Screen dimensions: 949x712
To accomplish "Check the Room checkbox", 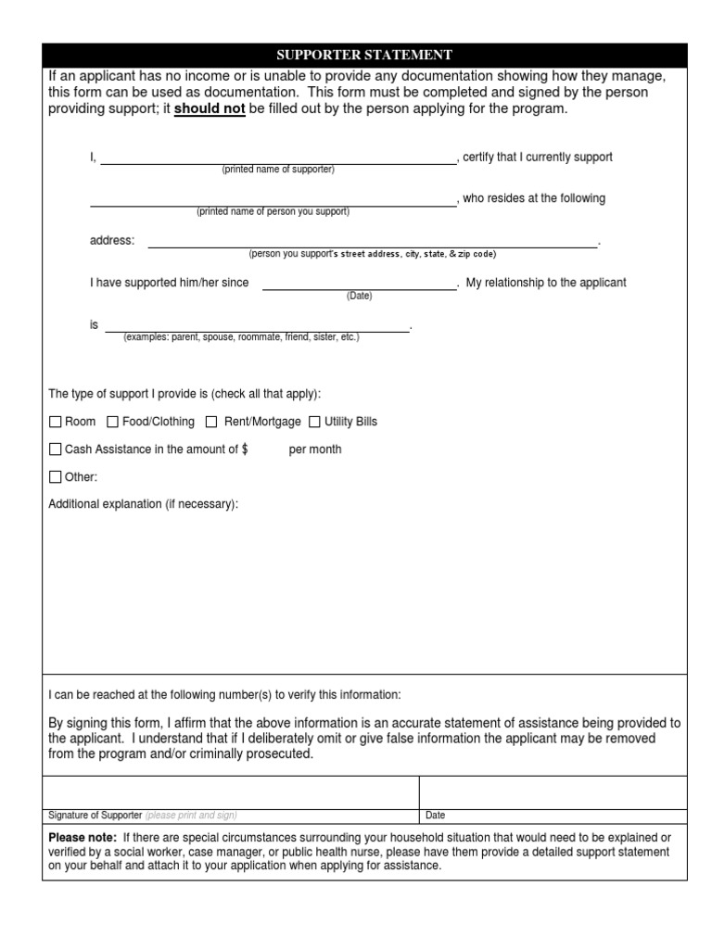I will [x=55, y=423].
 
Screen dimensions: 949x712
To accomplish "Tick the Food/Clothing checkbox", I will [x=113, y=423].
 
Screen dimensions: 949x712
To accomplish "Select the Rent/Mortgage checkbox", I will [x=211, y=423].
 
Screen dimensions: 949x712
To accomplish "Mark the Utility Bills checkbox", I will [x=314, y=423].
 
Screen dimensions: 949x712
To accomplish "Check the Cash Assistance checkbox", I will [x=55, y=450].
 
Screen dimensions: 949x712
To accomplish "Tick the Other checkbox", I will [x=55, y=478].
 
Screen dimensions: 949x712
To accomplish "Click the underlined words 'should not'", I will [x=210, y=109].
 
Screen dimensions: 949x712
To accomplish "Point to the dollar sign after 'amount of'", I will [x=245, y=449].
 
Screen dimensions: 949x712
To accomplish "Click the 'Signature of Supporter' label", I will [x=95, y=816].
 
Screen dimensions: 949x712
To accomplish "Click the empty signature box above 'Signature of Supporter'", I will [x=231, y=792].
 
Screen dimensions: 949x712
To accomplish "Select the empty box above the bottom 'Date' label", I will [x=553, y=792].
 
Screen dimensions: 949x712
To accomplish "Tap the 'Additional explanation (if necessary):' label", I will [x=144, y=504].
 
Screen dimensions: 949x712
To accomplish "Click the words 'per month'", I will [x=315, y=449].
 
